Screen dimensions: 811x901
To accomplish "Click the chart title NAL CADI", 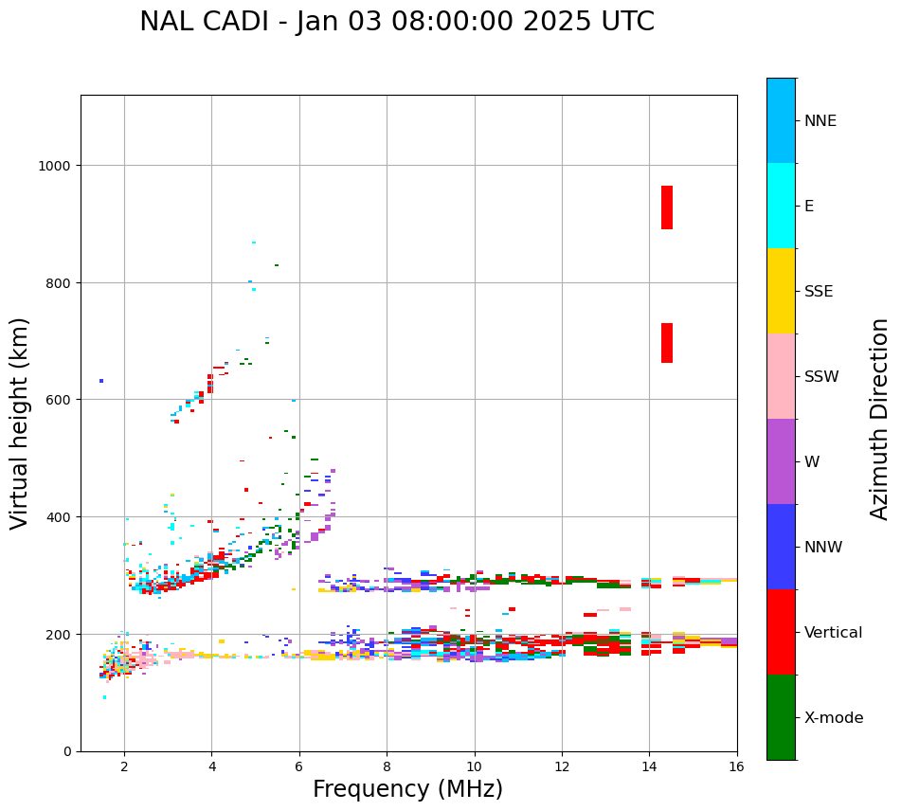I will coord(397,22).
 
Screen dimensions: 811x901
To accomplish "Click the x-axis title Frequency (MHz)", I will coord(407,789).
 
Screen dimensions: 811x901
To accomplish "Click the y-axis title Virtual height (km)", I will coord(20,423).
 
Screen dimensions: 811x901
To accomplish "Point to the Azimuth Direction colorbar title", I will coord(880,419).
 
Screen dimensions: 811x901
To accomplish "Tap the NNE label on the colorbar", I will coord(820,121).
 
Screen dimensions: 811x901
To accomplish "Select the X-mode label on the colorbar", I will coord(834,718).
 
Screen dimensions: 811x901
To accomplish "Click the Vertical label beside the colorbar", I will coord(834,633).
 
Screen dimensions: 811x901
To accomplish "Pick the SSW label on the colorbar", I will coord(821,377).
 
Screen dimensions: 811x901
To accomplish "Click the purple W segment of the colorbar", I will coord(781,461).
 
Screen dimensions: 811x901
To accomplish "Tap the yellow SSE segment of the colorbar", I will coord(781,291).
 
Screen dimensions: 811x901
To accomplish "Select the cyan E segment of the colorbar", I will coord(781,206).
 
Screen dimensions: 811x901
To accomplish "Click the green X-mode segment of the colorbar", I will coord(781,717).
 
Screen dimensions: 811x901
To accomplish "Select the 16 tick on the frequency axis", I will coord(736,766).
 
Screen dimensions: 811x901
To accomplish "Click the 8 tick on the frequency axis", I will coord(387,766).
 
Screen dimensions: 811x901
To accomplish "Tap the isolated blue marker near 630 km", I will coord(101,381).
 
